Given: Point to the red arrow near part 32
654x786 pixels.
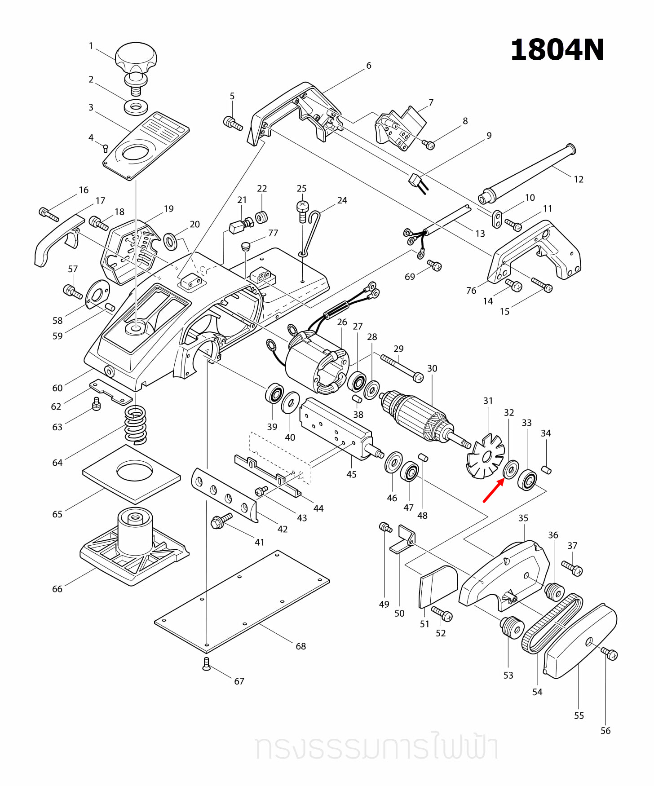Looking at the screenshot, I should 493,490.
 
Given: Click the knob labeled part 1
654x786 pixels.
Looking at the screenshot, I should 136,57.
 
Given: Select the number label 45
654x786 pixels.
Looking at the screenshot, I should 351,474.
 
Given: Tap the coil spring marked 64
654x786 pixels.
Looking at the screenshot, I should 136,424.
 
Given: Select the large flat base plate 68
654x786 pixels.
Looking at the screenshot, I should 243,602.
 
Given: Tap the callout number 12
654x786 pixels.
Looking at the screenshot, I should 579,179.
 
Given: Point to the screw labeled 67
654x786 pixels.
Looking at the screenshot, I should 206,664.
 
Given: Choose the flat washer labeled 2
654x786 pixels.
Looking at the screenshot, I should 136,107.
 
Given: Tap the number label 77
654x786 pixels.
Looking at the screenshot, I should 273,233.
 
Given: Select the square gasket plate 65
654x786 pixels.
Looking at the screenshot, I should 132,474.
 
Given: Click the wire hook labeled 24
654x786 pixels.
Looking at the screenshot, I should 311,234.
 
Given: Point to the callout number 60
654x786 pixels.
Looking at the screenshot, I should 57,388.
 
